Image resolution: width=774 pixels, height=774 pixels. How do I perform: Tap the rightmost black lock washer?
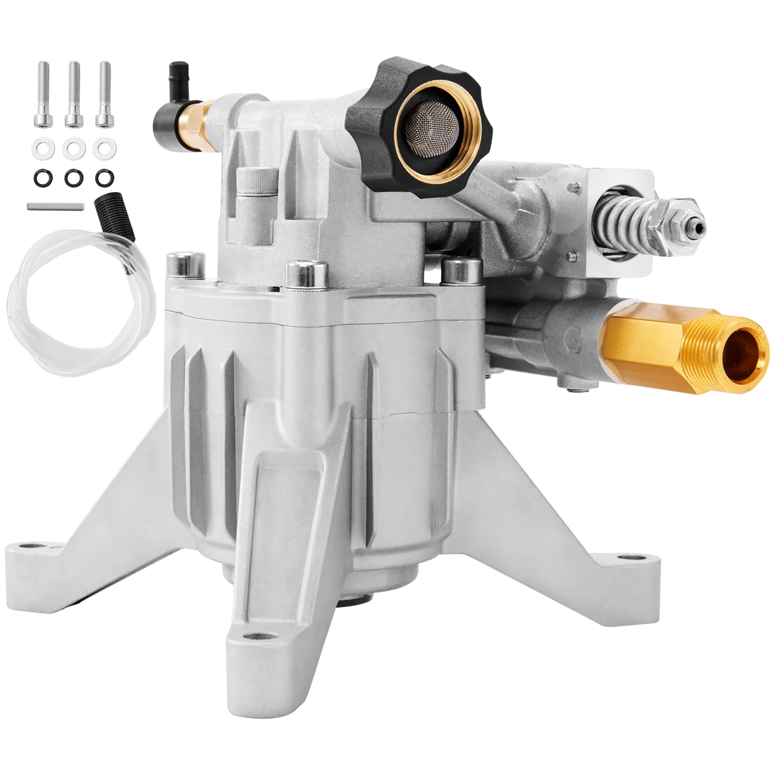[x=104, y=177]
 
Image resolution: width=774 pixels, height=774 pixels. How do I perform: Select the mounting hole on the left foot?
[x=26, y=546]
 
